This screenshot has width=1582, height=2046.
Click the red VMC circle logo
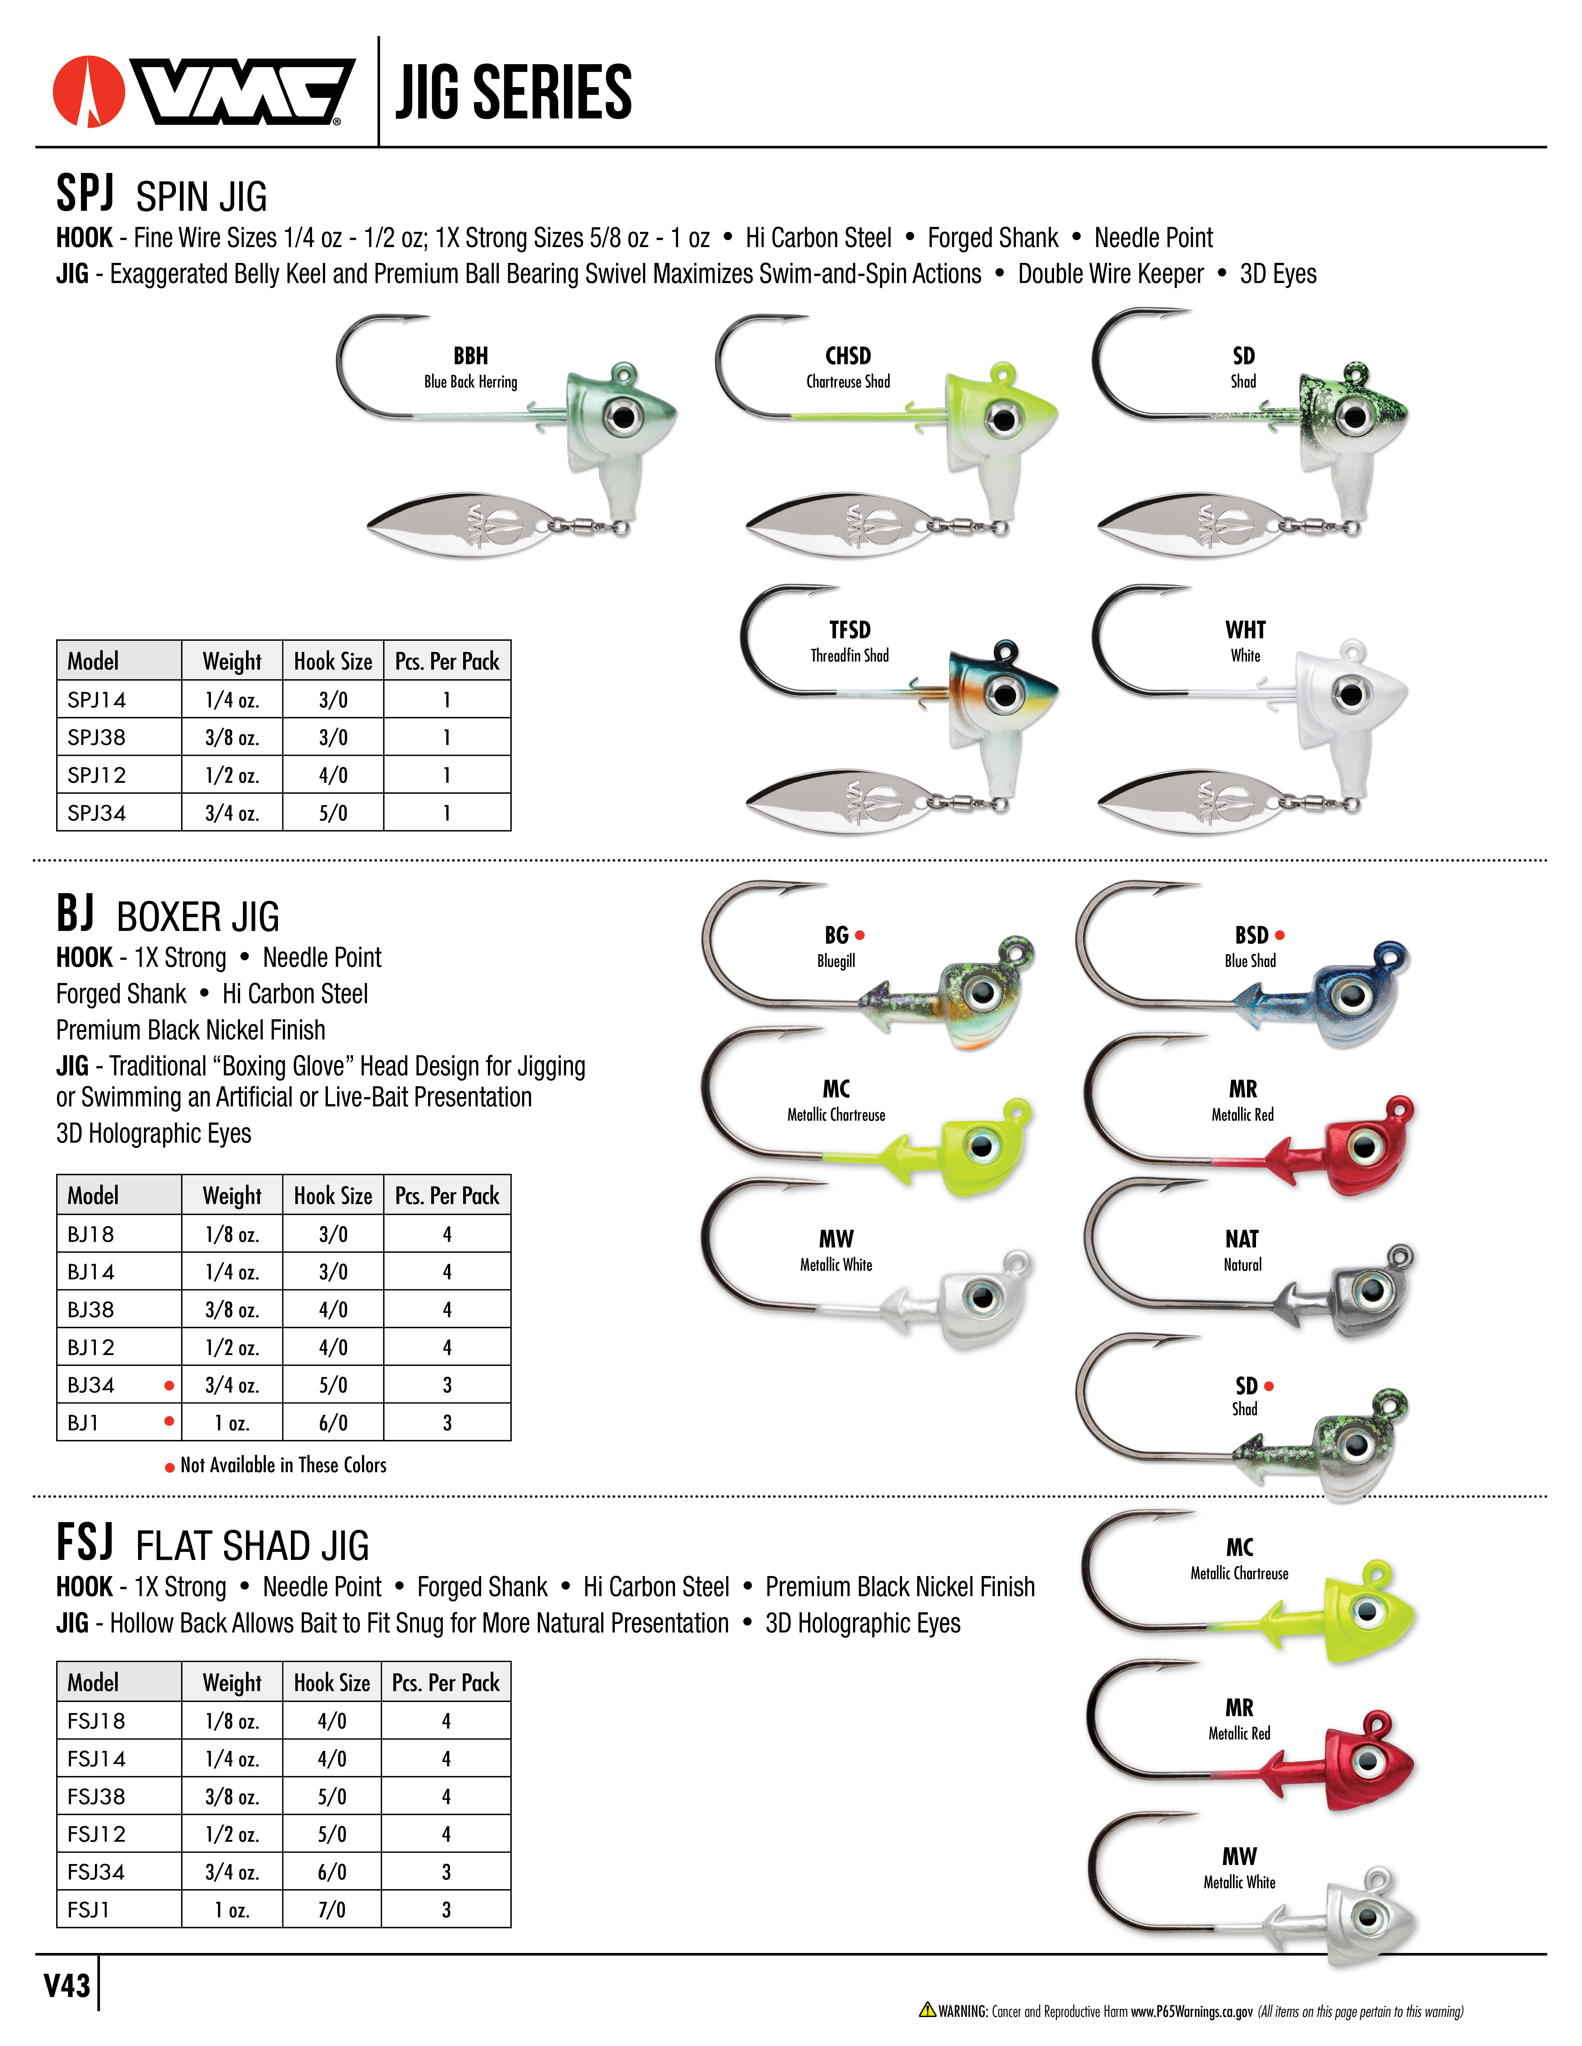tap(89, 92)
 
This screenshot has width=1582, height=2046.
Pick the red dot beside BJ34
tap(169, 1386)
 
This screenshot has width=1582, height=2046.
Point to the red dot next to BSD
tap(1280, 935)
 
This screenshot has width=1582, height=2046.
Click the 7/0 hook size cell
tap(332, 1909)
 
